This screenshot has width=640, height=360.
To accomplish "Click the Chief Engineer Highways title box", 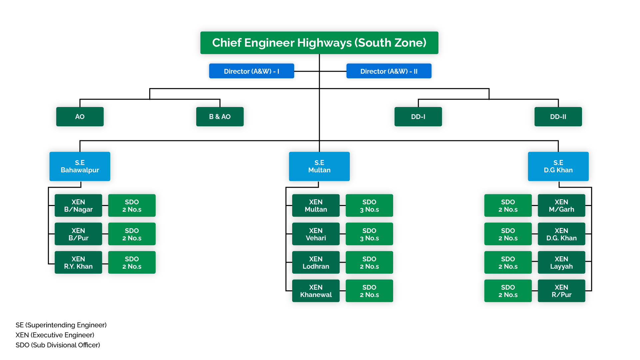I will point(319,43).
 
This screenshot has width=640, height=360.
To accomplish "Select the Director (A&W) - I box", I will point(252,71).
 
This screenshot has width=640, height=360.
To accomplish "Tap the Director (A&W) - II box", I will point(389,71).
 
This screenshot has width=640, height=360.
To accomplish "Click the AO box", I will point(80,117).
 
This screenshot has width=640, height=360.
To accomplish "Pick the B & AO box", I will point(220,117).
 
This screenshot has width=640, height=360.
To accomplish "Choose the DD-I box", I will point(418,117).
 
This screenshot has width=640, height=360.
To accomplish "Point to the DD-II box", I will point(558,117).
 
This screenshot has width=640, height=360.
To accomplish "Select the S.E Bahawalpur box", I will point(80,166).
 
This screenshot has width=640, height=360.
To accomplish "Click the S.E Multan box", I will point(319,166).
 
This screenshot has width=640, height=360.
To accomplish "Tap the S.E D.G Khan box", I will point(558,166).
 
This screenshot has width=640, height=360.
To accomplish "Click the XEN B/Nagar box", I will point(78,206).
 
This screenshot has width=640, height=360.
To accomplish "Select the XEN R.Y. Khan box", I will point(78,263).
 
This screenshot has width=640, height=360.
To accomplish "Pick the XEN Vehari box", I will point(316,234).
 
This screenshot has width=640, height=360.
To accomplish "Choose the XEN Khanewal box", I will point(316,291).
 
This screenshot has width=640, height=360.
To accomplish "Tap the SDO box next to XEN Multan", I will point(369,206).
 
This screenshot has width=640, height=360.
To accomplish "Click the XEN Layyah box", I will point(561,263).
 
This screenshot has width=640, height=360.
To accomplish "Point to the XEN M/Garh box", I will point(561,206).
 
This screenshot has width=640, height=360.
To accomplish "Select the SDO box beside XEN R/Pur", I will point(508,291).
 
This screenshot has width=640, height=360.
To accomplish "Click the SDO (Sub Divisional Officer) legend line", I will point(58,345).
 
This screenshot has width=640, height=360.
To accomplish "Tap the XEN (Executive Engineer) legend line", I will point(55,335).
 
